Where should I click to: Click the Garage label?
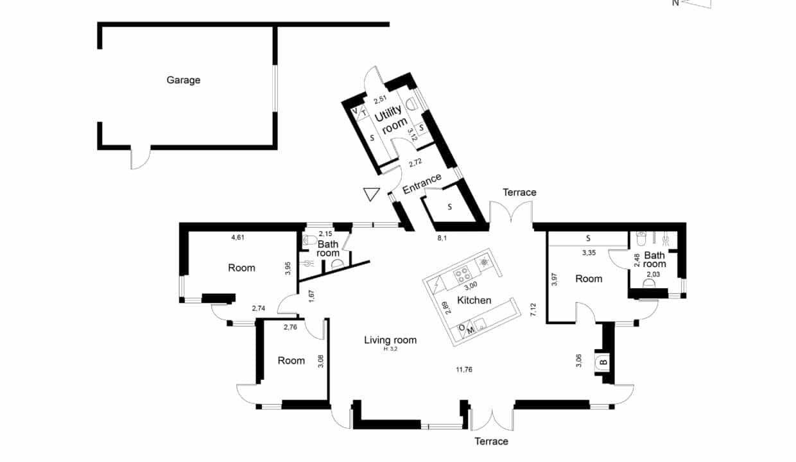tap(184, 80)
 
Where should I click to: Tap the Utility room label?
tap(390, 119)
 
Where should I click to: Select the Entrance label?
tap(422, 184)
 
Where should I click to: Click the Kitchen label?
tap(474, 300)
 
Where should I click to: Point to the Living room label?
tap(390, 340)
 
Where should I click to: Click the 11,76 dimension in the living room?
tap(464, 370)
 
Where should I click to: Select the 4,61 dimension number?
tap(238, 237)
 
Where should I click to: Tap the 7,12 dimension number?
tap(533, 310)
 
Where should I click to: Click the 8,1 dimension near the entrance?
tap(442, 238)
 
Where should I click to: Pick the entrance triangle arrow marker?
tap(372, 194)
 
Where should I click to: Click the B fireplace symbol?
tap(603, 362)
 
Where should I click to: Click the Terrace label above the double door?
tap(519, 193)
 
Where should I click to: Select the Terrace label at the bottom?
tap(492, 441)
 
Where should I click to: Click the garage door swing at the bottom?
tap(141, 158)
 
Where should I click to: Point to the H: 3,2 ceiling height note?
tap(390, 349)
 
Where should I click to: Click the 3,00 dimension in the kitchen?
tap(471, 285)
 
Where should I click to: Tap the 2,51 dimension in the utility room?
tap(380, 99)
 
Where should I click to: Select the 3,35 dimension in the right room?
tap(589, 253)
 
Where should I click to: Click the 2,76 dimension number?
tap(290, 327)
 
